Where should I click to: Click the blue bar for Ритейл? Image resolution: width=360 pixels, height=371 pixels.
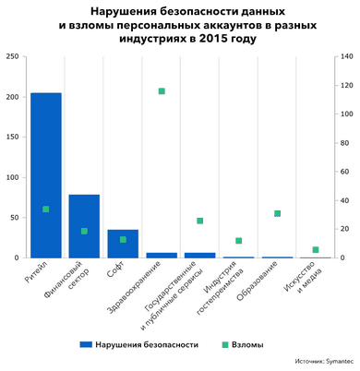pos(46,166)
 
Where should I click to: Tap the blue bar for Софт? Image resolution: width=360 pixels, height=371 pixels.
pos(123,244)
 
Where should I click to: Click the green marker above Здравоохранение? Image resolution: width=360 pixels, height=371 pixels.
pos(162,91)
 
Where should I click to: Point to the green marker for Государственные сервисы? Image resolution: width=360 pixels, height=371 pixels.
pos(199,221)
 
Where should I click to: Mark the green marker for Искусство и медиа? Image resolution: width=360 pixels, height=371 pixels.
pos(316,249)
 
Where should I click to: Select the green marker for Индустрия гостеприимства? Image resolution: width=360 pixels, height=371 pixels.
pos(238,241)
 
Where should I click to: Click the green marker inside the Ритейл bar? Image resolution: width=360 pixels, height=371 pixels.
pos(46,209)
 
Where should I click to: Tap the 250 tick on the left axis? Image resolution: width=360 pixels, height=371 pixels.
pos(14,57)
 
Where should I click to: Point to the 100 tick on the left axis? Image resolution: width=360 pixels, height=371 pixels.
pos(14,177)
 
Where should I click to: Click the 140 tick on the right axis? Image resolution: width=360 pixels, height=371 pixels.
pos(347,57)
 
